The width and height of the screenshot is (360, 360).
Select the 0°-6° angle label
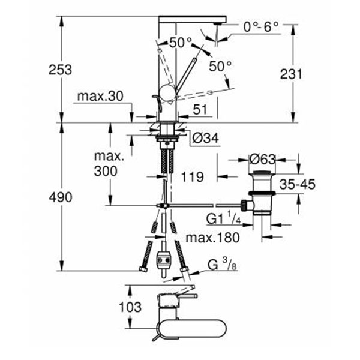coord(261,26)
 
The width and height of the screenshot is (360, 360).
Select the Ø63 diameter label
coord(262,160)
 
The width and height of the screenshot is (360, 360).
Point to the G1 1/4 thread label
coord(227,217)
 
